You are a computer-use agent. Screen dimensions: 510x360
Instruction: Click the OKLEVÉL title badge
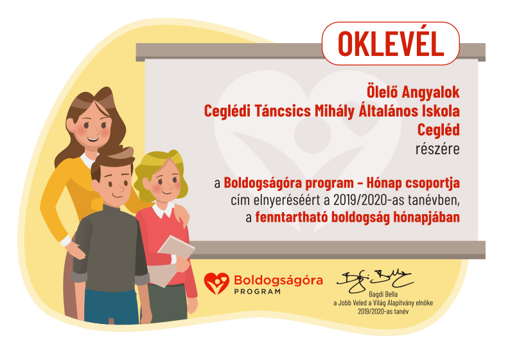pos(391,44)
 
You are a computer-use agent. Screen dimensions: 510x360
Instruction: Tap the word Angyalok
pos(430,92)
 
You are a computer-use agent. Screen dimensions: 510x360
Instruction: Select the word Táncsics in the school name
pos(283,111)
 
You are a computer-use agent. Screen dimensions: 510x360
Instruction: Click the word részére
pos(437,149)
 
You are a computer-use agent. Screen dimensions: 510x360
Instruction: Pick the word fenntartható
pos(292,217)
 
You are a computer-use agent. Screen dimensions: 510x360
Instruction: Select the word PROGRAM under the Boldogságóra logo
pos(258,292)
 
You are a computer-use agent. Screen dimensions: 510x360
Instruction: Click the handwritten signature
pos(374,280)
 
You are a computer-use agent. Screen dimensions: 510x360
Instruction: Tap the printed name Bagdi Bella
pos(383,294)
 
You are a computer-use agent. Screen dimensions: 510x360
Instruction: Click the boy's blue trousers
pos(110,307)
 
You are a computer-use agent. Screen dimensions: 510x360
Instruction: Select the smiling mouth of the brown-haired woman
pos(92,139)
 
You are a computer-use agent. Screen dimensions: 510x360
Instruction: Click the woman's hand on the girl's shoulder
pos(181,215)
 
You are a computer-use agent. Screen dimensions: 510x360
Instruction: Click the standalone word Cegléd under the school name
pos(439,130)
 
